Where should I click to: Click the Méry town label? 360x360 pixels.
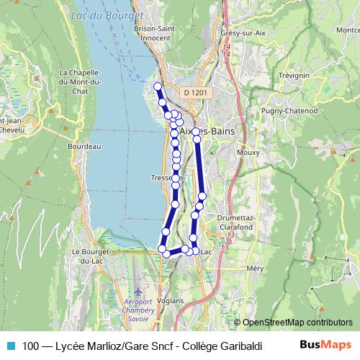[x=256, y=267]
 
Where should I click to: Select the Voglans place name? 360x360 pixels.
[x=170, y=300]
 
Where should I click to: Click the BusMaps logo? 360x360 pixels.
[x=326, y=346]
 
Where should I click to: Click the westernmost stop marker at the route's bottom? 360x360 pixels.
[x=162, y=249]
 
